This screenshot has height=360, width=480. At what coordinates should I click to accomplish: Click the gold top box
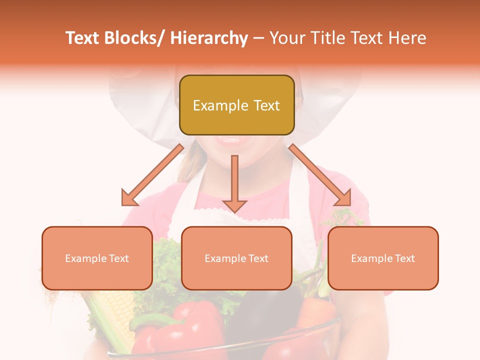[x=236, y=105]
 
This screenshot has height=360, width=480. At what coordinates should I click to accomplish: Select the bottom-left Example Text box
[x=97, y=258]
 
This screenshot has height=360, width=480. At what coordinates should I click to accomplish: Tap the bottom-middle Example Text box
[x=236, y=258]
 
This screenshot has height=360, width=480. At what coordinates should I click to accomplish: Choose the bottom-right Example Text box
[x=383, y=258]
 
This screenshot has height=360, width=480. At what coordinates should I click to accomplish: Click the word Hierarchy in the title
[x=209, y=38]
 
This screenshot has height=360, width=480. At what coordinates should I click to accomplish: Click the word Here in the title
[x=407, y=38]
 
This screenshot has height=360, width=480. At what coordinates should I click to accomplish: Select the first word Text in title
[x=82, y=38]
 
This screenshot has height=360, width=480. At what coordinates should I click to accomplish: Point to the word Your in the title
[x=286, y=38]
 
